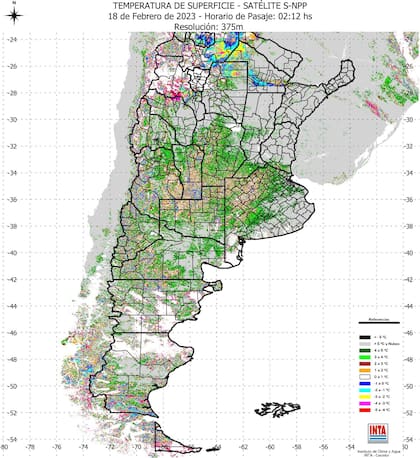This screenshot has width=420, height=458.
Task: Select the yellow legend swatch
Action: click(x=366, y=397)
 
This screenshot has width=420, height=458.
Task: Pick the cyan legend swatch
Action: click(x=366, y=390)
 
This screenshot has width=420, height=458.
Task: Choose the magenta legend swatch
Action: click(x=366, y=404)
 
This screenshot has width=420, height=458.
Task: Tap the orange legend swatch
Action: click(x=366, y=369)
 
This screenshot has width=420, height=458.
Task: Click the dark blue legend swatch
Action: click(x=366, y=383)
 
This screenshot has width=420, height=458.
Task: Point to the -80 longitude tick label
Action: click(x=7, y=447)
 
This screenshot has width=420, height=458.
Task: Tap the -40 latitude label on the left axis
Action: click(x=9, y=252)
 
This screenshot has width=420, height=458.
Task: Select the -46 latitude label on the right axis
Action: click(x=410, y=333)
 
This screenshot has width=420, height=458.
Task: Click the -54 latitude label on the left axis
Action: click(x=9, y=439)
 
